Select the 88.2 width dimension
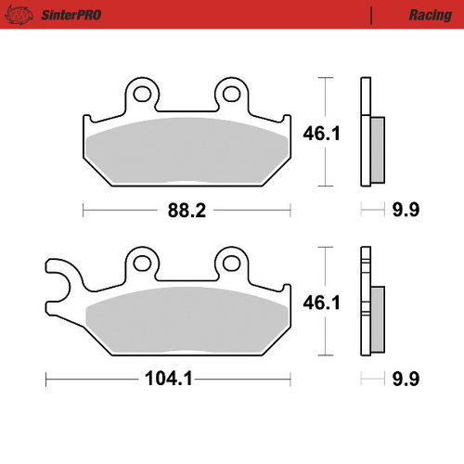[x=187, y=210]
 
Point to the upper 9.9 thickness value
[x=406, y=210]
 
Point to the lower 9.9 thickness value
[x=406, y=380]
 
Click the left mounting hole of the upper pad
[x=141, y=93]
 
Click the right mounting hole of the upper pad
[x=230, y=93]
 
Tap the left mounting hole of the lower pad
[x=141, y=262]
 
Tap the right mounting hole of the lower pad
[x=230, y=262]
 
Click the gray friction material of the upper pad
[x=187, y=148]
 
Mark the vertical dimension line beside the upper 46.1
[x=325, y=133]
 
